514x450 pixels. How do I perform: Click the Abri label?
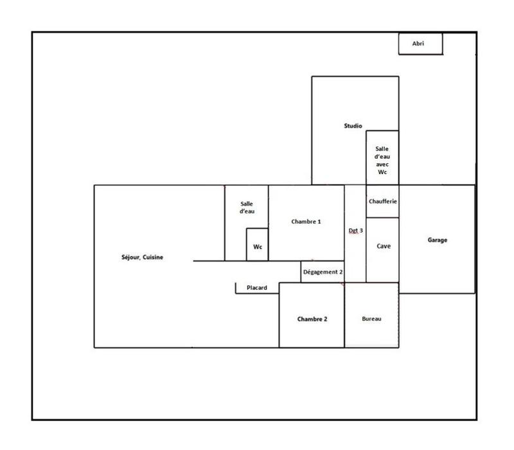click(418, 44)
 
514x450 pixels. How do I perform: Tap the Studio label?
click(353, 126)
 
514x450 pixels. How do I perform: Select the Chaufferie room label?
click(383, 201)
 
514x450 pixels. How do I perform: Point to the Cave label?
click(383, 246)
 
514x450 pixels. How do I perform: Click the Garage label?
click(437, 240)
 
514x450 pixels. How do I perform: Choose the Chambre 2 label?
click(312, 319)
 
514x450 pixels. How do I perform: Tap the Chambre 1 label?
click(306, 221)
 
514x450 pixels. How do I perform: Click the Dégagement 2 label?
click(323, 272)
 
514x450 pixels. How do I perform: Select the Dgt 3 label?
click(355, 230)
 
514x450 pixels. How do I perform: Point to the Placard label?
click(257, 287)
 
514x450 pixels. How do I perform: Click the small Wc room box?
click(257, 245)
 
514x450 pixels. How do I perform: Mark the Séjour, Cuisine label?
click(143, 257)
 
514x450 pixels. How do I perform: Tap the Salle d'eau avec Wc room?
click(382, 157)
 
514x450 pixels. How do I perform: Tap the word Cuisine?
click(153, 257)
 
